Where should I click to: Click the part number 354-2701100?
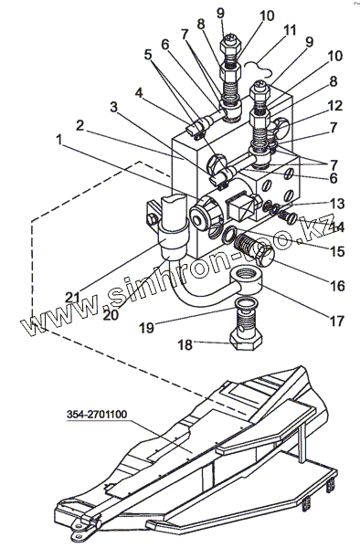[97, 415]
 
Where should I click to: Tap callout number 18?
[185, 344]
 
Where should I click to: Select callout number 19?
[147, 328]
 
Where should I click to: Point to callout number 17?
[337, 321]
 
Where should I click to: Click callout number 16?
[338, 286]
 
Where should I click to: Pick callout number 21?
[73, 297]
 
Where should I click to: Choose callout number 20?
[111, 315]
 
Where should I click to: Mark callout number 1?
[59, 140]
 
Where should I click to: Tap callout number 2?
[80, 125]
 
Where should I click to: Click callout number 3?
[113, 107]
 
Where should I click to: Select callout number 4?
[139, 93]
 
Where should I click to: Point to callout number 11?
[289, 30]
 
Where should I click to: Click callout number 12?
[334, 106]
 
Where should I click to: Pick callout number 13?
[337, 204]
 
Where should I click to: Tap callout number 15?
[338, 251]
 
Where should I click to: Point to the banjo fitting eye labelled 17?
[246, 279]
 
